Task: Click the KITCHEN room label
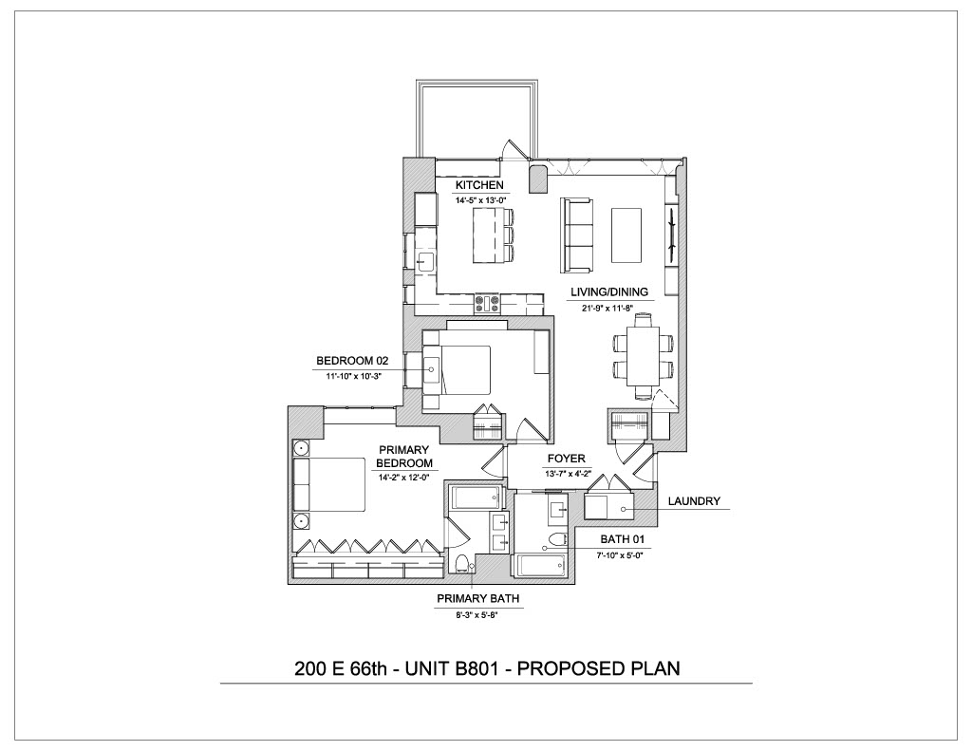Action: click(479, 185)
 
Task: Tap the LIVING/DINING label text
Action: click(609, 291)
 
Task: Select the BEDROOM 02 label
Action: click(352, 360)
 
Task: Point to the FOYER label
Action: click(566, 459)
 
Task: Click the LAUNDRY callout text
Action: click(694, 500)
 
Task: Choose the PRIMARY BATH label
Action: click(478, 598)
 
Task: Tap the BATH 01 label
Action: click(623, 539)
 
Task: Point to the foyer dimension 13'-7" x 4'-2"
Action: click(566, 475)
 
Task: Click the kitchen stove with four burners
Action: click(488, 303)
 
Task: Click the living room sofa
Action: click(576, 235)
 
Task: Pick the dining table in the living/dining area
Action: click(643, 357)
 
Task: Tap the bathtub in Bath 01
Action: click(539, 565)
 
